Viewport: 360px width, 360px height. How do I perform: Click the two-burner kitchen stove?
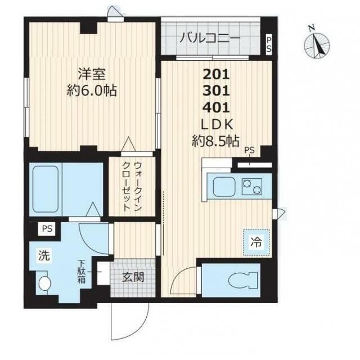point(252,186)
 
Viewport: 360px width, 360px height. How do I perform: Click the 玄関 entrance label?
point(134,277)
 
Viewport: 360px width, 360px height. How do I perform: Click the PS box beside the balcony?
point(268,44)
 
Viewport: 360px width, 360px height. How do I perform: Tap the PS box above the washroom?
point(46,229)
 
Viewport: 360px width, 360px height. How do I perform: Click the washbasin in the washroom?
point(44,283)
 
